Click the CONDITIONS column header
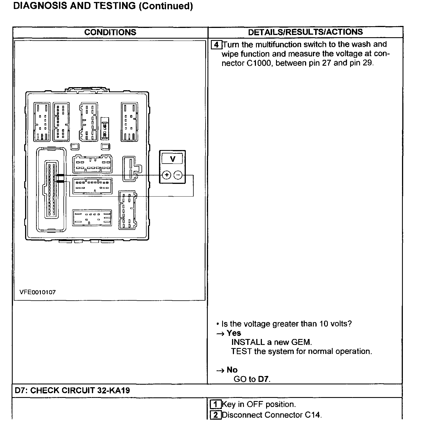click(110, 32)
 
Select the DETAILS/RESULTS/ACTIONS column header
click(305, 32)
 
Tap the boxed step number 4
click(216, 45)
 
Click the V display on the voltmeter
click(173, 159)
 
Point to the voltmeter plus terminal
click(167, 175)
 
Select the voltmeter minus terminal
click(178, 175)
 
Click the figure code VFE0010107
click(37, 292)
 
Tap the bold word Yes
click(234, 333)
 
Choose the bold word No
click(232, 370)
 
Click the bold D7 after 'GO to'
click(264, 379)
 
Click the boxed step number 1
click(216, 404)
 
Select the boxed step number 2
click(216, 415)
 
